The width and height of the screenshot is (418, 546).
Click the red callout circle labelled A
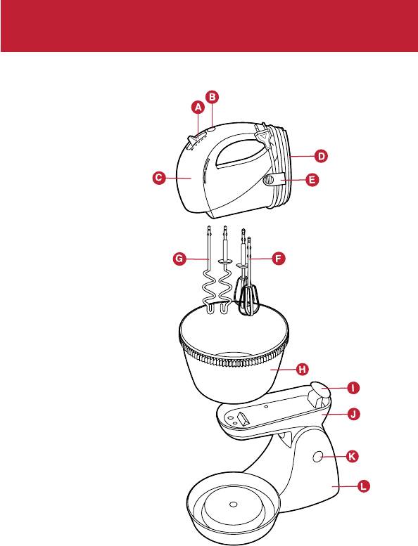click(x=198, y=108)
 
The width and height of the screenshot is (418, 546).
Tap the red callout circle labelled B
click(x=213, y=97)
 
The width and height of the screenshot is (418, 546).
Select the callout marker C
click(x=158, y=178)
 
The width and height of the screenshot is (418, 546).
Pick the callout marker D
click(x=321, y=156)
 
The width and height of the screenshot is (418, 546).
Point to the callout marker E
click(x=312, y=180)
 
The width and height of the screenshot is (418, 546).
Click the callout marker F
click(x=278, y=259)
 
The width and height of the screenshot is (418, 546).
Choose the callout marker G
click(x=179, y=259)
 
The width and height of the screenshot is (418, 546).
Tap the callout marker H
click(x=303, y=369)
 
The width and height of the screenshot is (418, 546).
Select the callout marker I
click(x=353, y=388)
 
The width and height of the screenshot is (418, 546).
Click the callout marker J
click(x=353, y=414)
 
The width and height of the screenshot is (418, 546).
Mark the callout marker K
click(x=352, y=456)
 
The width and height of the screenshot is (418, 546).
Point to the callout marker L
click(x=363, y=486)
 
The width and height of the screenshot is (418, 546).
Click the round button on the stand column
click(x=317, y=457)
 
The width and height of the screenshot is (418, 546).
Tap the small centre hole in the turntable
click(x=234, y=505)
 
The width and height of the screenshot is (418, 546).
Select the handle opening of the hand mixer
click(x=239, y=152)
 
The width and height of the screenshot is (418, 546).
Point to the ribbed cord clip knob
click(x=268, y=181)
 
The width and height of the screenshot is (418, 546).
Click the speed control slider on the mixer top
click(x=192, y=143)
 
